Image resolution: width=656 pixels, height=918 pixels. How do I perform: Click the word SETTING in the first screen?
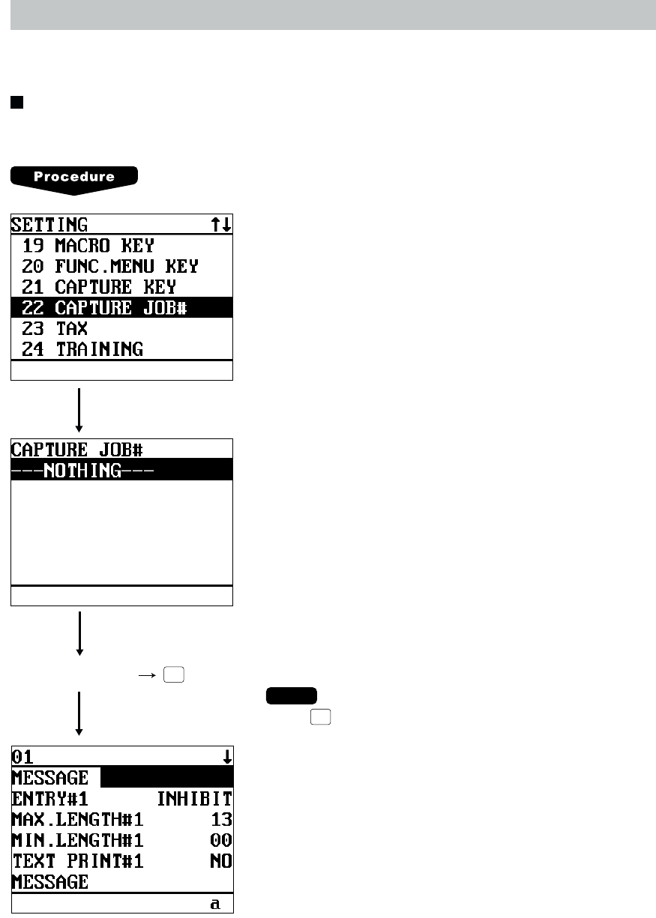(49, 224)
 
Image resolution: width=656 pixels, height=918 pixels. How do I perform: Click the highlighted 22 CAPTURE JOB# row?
(104, 307)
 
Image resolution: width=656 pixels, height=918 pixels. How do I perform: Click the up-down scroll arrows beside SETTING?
(220, 224)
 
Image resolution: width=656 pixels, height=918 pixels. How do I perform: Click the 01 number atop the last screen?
(23, 756)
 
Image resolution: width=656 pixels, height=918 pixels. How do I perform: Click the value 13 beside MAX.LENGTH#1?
(221, 819)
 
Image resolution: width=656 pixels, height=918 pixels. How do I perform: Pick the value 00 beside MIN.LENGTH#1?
(221, 840)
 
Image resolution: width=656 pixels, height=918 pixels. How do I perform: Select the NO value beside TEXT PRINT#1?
(221, 861)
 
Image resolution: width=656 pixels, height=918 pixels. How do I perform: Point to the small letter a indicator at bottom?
(215, 905)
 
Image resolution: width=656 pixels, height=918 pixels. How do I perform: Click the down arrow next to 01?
(226, 757)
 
